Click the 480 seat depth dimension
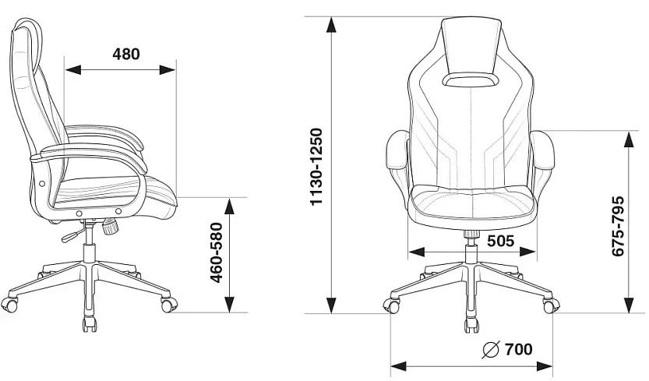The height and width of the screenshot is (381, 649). point(126,55)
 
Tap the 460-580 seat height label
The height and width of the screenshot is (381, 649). point(217,253)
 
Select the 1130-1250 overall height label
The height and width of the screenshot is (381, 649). point(316,167)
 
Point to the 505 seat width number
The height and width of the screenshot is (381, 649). point(500,241)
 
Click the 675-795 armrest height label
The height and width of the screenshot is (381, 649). point(617,227)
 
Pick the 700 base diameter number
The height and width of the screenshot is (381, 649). point(519,350)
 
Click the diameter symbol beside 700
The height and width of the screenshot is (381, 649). point(491,350)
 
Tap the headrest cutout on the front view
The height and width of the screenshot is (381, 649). point(471,80)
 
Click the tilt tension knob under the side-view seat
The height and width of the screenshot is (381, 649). point(111,227)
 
